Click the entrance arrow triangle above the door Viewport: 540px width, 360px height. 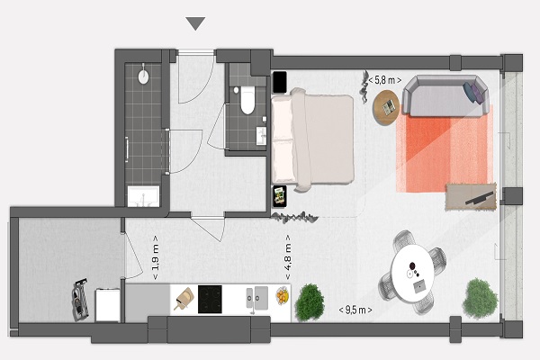pyautogui.click(x=195, y=23)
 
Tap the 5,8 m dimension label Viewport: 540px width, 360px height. pyautogui.click(x=384, y=80)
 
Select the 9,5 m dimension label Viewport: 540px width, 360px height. pyautogui.click(x=355, y=310)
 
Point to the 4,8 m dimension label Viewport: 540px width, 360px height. pyautogui.click(x=288, y=257)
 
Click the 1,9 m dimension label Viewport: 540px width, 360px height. pyautogui.click(x=156, y=257)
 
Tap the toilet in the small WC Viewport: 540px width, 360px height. pyautogui.click(x=247, y=100)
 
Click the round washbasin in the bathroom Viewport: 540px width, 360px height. pyautogui.click(x=143, y=76)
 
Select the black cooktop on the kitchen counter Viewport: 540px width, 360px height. pyautogui.click(x=210, y=300)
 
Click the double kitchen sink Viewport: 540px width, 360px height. pyautogui.click(x=257, y=298)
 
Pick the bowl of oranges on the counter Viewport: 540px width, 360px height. pyautogui.click(x=283, y=296)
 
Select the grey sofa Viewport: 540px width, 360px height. pyautogui.click(x=446, y=95)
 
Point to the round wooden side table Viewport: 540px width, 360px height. pyautogui.click(x=387, y=107)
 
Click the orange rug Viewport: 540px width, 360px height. pyautogui.click(x=445, y=148)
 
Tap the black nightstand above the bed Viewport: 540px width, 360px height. pyautogui.click(x=280, y=82)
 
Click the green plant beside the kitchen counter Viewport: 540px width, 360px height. pyautogui.click(x=310, y=302)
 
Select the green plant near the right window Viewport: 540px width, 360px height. pyautogui.click(x=480, y=298)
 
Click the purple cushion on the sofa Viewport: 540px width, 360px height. pyautogui.click(x=475, y=93)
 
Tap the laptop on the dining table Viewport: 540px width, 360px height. pyautogui.click(x=419, y=286)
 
